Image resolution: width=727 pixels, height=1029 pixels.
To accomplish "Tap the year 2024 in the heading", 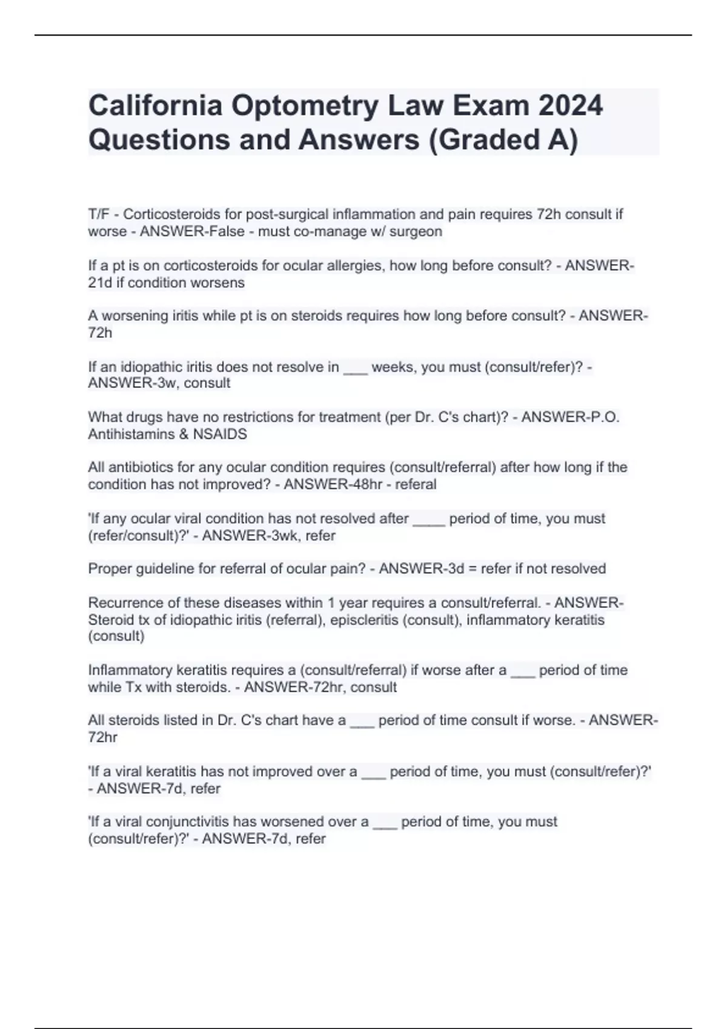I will (x=570, y=106).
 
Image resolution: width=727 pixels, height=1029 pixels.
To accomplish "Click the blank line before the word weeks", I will (x=355, y=367).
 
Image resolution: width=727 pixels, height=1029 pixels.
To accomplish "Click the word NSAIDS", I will (x=220, y=434).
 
